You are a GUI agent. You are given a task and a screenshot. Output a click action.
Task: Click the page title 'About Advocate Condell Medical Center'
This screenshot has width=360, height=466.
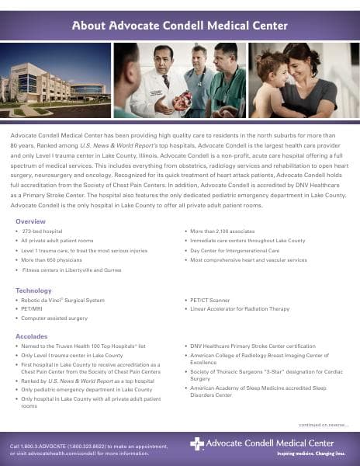[x=179, y=26]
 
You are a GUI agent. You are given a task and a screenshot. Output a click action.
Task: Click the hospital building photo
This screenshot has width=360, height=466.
[x=56, y=80]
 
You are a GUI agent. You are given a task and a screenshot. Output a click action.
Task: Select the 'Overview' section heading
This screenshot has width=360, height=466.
[x=30, y=221]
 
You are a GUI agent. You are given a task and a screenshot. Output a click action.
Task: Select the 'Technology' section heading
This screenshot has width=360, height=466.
[x=33, y=290]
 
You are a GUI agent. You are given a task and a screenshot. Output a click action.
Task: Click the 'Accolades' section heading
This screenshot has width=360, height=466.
[x=33, y=336]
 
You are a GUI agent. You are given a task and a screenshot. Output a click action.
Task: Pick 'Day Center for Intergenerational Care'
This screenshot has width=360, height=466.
[x=234, y=251]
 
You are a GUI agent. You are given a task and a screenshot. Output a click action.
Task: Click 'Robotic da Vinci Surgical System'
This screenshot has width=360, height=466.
[x=63, y=300]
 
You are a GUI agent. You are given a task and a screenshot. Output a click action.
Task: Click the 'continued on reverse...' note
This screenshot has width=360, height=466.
[x=324, y=425]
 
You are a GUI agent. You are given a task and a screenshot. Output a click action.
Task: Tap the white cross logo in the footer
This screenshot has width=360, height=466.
[x=197, y=443]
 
